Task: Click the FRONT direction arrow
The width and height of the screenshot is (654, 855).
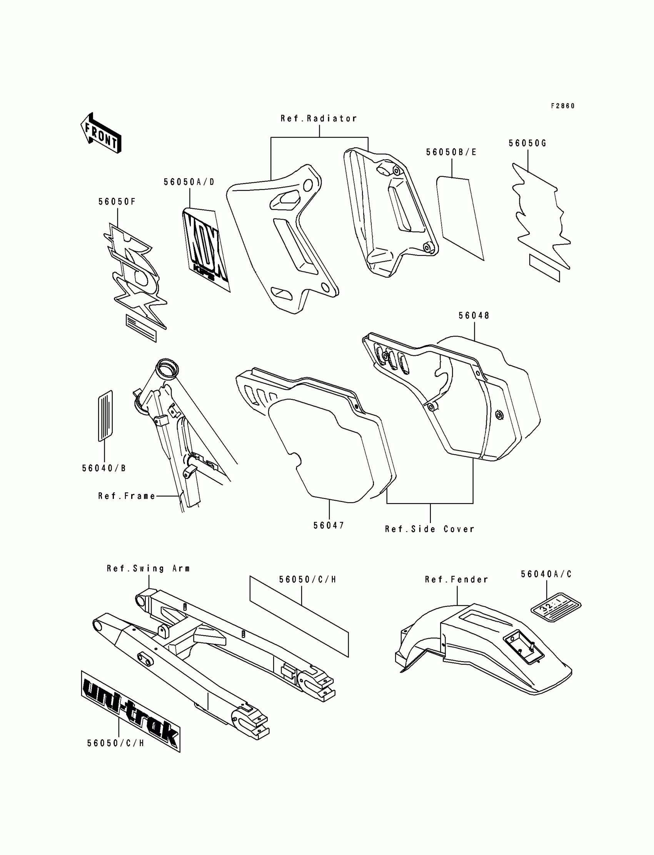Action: (101, 133)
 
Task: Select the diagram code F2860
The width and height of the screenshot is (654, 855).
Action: (562, 106)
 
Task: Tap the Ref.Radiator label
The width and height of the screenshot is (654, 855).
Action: (319, 118)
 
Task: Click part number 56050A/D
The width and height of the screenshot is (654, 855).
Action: (189, 182)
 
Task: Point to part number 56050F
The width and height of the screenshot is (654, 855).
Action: (117, 202)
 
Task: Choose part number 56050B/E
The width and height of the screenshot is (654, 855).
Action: (451, 152)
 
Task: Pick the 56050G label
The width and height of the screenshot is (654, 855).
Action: (527, 143)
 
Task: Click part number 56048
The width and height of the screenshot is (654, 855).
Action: (474, 316)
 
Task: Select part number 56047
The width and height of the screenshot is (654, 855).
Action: (329, 525)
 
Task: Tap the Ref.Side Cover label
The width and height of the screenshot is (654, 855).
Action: (430, 529)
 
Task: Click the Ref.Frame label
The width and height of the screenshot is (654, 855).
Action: (127, 496)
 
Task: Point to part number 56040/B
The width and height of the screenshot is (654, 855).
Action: (104, 468)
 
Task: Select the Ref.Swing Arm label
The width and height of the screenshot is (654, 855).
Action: (148, 568)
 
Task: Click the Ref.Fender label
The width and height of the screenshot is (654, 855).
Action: (457, 580)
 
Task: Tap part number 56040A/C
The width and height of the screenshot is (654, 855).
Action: (547, 574)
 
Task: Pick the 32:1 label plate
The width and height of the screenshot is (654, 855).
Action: (556, 607)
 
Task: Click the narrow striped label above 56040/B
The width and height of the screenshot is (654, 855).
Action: (105, 416)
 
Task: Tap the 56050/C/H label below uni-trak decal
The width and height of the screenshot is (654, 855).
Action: (116, 743)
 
